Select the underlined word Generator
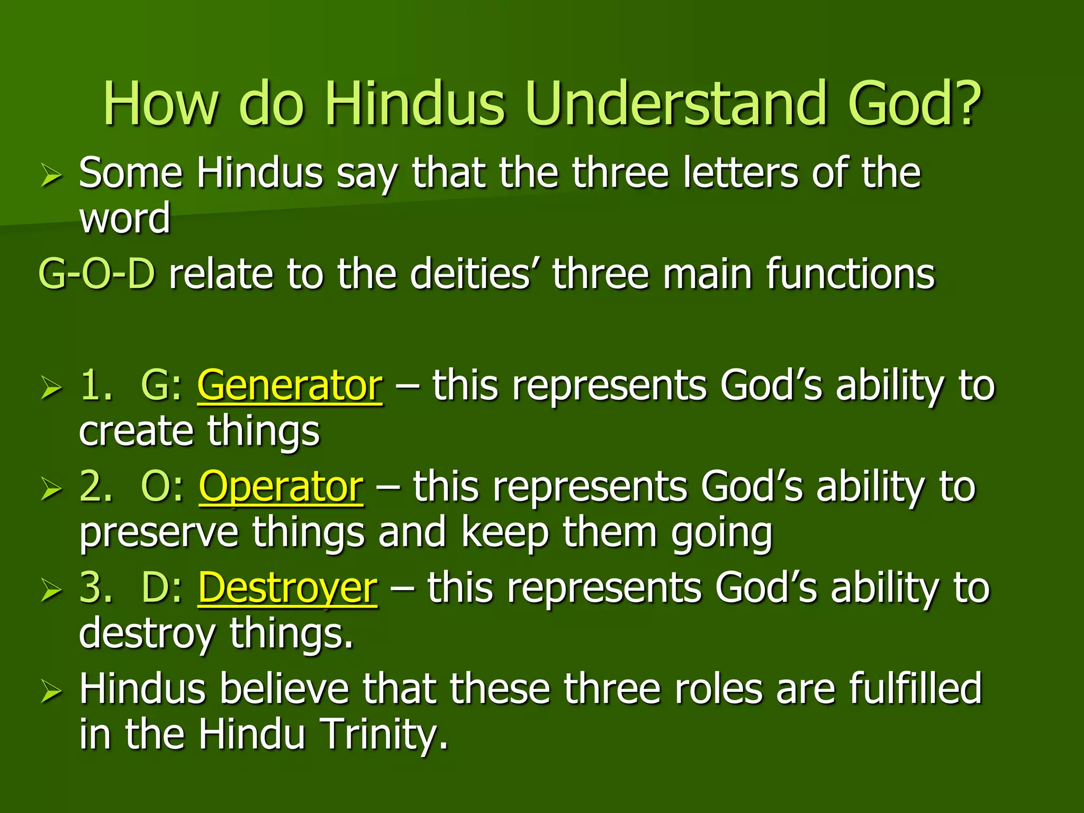[x=290, y=385]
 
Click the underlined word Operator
[x=281, y=487]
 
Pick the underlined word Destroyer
[x=288, y=588]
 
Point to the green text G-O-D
[x=97, y=274]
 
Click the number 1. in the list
[x=96, y=385]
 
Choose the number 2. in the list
[x=96, y=487]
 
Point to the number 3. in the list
[x=96, y=588]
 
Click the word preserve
[x=158, y=534]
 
